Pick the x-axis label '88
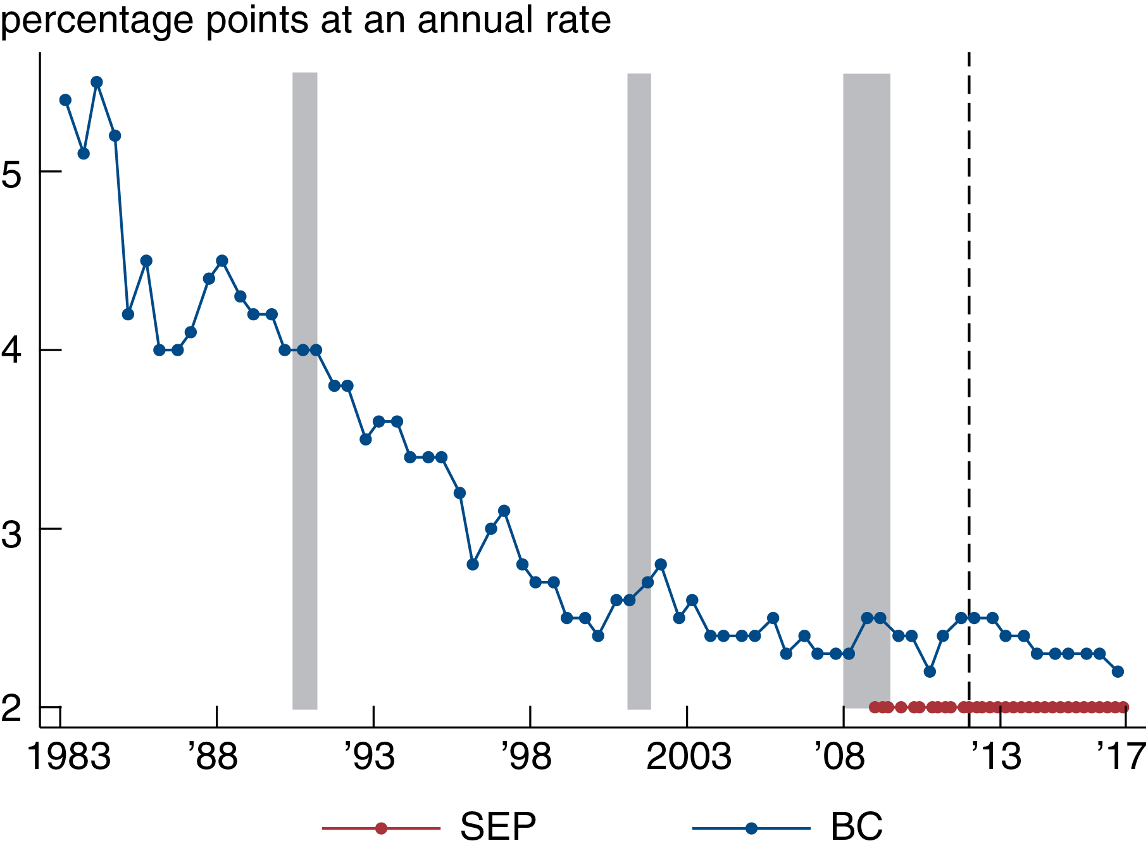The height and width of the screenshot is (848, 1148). [x=213, y=757]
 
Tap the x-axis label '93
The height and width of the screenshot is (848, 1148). [x=370, y=757]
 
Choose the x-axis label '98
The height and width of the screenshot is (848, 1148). [x=527, y=757]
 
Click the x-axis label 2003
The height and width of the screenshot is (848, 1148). [x=689, y=757]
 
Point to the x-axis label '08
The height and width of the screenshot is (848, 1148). [x=840, y=757]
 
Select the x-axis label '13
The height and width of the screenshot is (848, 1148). [x=996, y=757]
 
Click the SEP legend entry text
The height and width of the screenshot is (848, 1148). [x=498, y=826]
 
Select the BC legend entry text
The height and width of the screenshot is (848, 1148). [x=856, y=826]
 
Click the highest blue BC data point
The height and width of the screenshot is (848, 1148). [x=97, y=82]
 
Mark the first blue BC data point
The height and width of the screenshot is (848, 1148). [x=65, y=100]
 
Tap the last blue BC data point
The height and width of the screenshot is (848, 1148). [x=1118, y=671]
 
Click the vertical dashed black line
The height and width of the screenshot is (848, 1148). [x=969, y=380]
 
